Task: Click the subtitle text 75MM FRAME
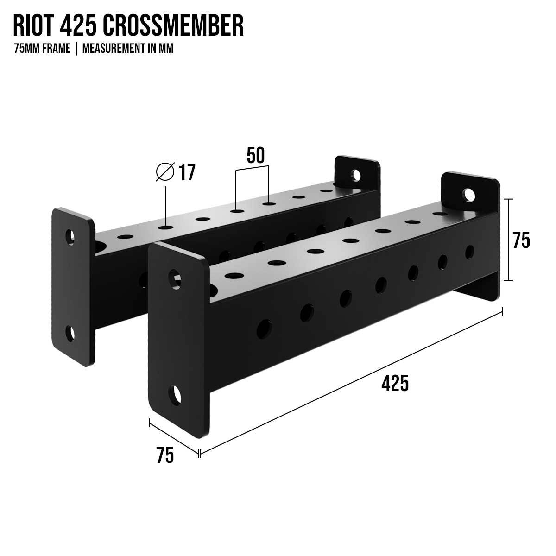42,49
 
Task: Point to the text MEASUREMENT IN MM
128,49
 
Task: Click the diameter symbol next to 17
165,172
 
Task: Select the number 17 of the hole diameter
187,172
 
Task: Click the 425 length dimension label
395,384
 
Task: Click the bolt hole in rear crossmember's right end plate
356,175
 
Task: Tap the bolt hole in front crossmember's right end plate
469,195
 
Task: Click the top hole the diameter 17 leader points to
165,227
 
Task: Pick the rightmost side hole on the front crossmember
470,251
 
